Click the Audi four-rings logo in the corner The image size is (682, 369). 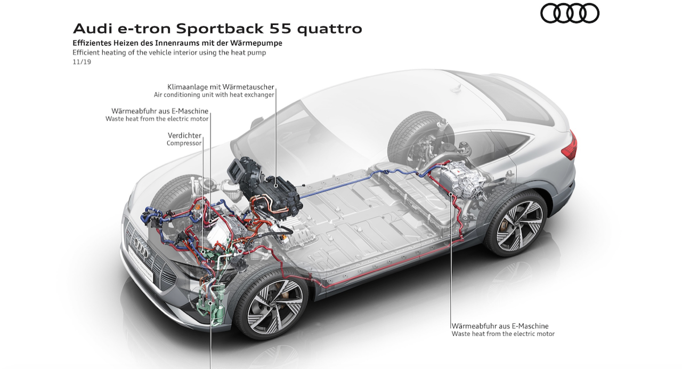click(x=570, y=13)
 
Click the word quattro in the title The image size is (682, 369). click(x=330, y=28)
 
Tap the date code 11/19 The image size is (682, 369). click(x=82, y=62)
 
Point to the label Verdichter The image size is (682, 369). click(x=184, y=135)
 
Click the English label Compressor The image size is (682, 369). click(x=184, y=143)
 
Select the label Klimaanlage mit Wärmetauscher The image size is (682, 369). click(x=221, y=87)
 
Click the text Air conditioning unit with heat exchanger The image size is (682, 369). click(x=214, y=95)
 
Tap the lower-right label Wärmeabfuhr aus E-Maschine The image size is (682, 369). click(x=500, y=326)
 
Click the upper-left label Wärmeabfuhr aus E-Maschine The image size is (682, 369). click(x=157, y=111)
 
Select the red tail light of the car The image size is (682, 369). click(x=570, y=144)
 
